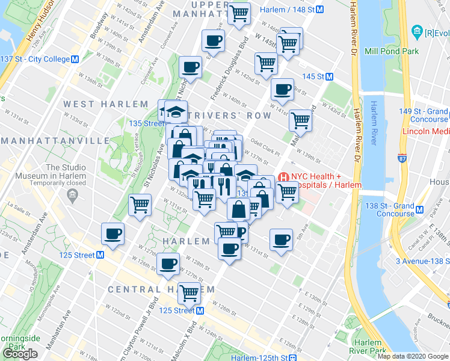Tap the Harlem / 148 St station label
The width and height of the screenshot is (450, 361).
pyautogui.click(x=287, y=9)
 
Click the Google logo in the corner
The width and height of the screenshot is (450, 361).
pyautogui.click(x=21, y=353)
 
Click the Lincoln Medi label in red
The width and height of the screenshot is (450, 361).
pyautogui.click(x=424, y=131)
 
